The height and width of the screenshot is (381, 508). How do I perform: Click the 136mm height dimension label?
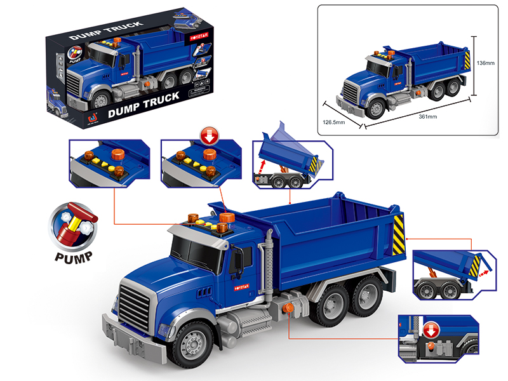point(485,63)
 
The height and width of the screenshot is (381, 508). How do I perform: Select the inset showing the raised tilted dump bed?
point(288,161)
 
